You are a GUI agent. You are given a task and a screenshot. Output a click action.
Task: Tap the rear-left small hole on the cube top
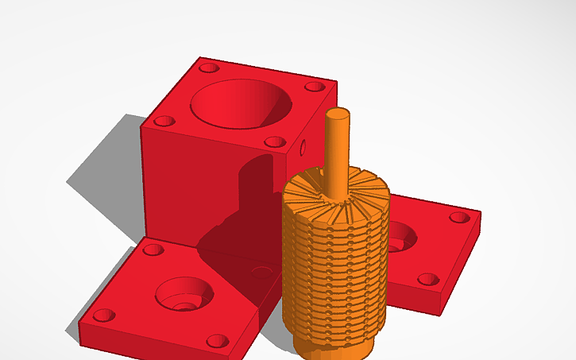pos(209,68)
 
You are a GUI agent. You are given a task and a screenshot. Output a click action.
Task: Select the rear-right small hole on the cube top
pos(315,86)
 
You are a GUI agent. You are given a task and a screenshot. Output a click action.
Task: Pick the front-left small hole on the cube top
pos(164,122)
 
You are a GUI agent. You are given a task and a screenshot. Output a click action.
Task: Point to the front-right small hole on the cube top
pos(274,142)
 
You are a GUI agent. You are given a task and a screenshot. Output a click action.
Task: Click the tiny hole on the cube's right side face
pos(302,147)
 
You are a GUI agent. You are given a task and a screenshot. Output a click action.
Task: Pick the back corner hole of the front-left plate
pos(153,250)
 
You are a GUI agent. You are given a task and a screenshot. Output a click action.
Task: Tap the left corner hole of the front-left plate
pos(104,315)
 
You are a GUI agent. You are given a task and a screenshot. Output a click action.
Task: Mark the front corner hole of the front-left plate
pos(218,341)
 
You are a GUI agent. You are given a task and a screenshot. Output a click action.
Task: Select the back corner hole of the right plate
pos(458,216)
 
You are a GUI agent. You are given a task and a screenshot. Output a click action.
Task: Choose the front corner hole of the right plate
pos(427,279)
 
